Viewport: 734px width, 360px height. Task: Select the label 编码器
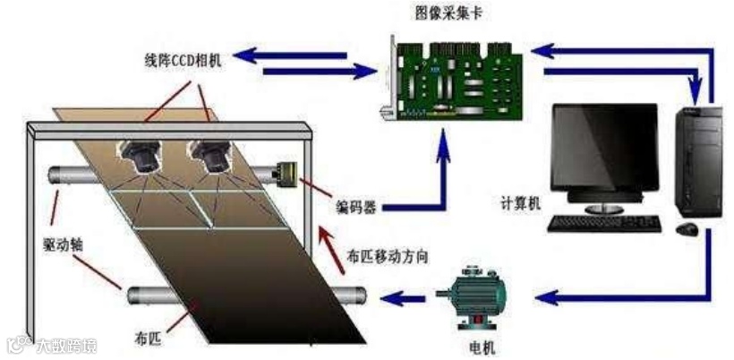tap(354, 208)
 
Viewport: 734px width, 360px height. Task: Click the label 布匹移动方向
tap(387, 256)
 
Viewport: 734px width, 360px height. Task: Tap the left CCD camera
tap(141, 156)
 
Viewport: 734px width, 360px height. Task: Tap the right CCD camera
tap(214, 156)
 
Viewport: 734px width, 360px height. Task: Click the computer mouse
tap(687, 230)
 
